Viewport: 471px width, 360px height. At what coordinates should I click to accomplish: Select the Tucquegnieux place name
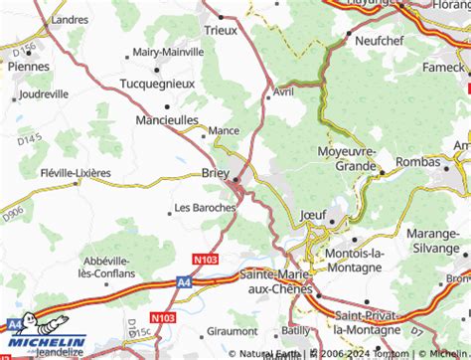click(x=157, y=85)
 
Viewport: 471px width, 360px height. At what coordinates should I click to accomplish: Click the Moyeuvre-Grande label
click(x=347, y=157)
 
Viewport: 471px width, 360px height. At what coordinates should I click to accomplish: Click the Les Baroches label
click(x=205, y=208)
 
